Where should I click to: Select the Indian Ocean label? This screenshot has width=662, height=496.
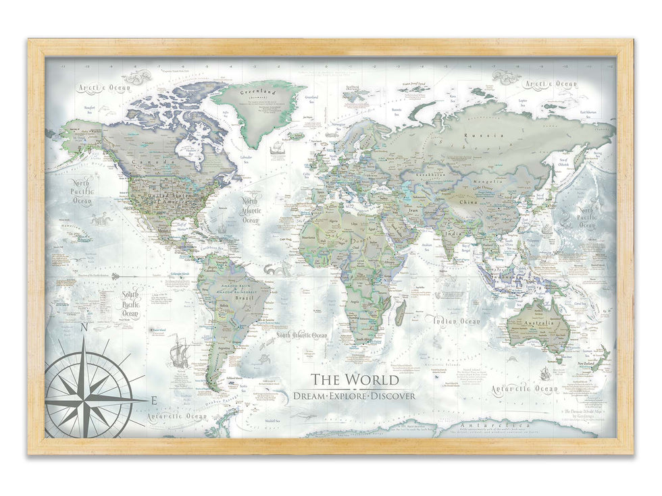pyautogui.click(x=457, y=321)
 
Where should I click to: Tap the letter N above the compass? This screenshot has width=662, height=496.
pyautogui.click(x=84, y=329)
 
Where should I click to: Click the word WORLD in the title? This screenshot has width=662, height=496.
pyautogui.click(x=372, y=379)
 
